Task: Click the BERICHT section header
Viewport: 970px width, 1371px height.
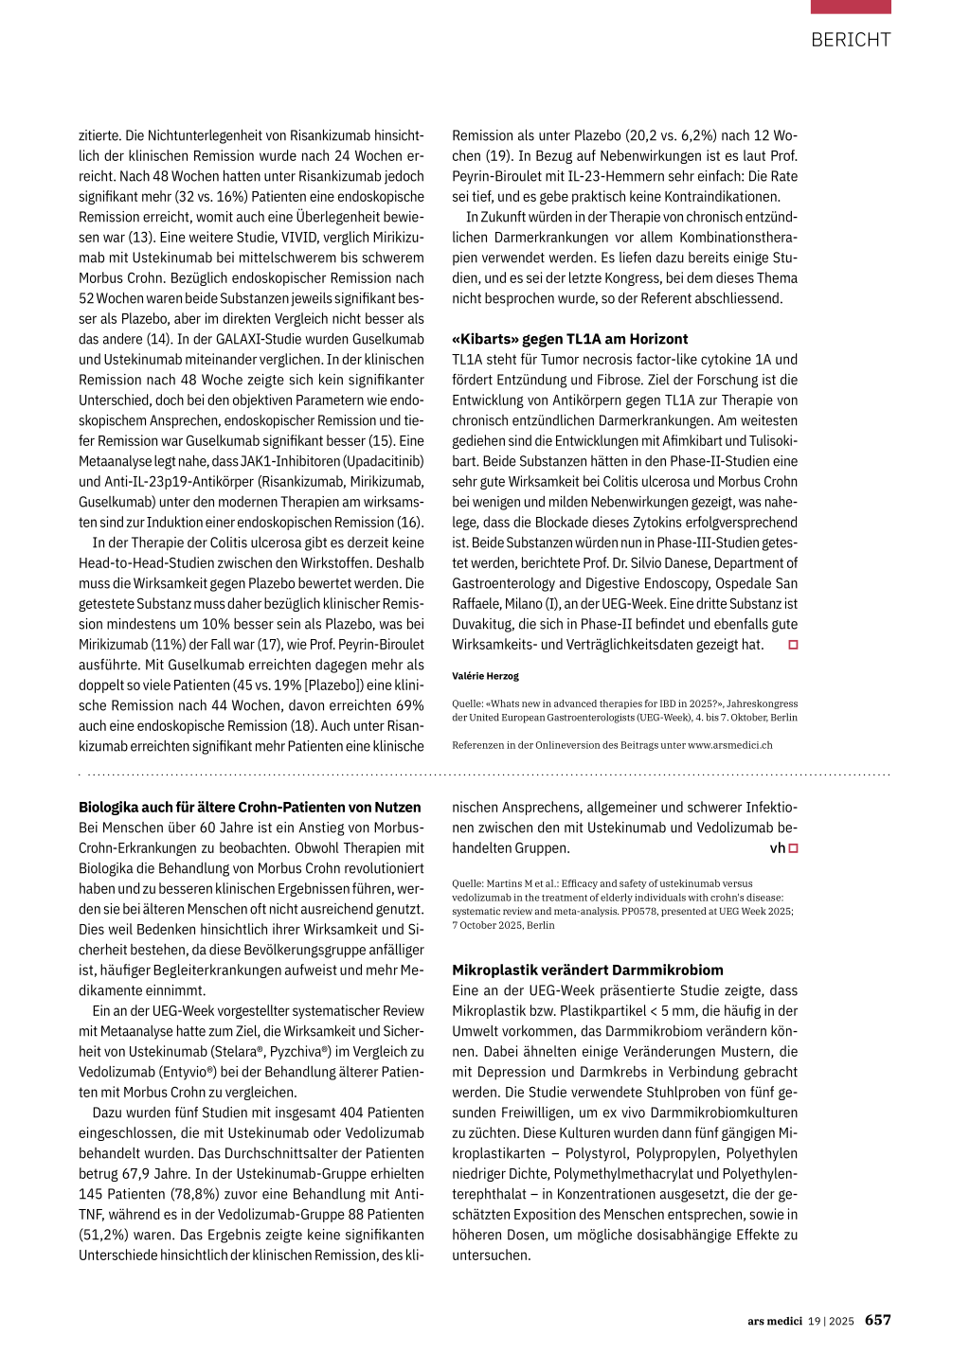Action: pyautogui.click(x=851, y=40)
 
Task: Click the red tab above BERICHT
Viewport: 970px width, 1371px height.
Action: pyautogui.click(x=851, y=7)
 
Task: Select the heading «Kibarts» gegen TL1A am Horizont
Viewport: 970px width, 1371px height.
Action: pyautogui.click(x=569, y=339)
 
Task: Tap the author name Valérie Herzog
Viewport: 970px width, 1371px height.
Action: pyautogui.click(x=485, y=676)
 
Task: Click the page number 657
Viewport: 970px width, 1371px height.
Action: pyautogui.click(x=877, y=1320)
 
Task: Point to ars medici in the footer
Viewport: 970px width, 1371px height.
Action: pyautogui.click(x=774, y=1321)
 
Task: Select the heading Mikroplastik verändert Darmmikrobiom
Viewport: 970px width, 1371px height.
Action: pyautogui.click(x=587, y=970)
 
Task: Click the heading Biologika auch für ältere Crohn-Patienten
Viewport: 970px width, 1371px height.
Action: pyautogui.click(x=249, y=808)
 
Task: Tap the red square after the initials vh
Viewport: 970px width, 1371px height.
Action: pyautogui.click(x=794, y=848)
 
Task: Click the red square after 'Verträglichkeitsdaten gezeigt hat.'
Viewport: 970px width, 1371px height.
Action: pyautogui.click(x=794, y=645)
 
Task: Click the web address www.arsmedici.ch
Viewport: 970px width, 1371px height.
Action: pyautogui.click(x=729, y=745)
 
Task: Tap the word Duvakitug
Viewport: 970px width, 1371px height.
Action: pyautogui.click(x=483, y=624)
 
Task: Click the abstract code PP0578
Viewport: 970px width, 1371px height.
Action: pyautogui.click(x=640, y=911)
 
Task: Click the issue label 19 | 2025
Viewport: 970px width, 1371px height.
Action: pyautogui.click(x=831, y=1321)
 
